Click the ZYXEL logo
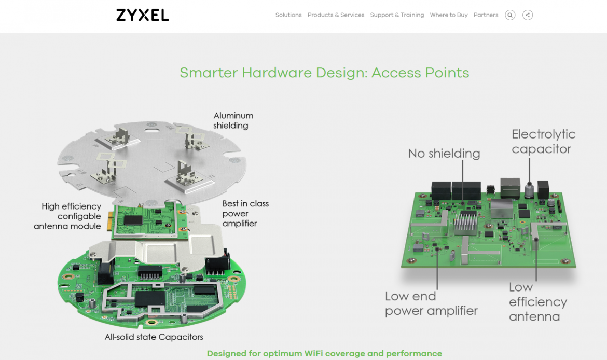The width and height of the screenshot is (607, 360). pyautogui.click(x=143, y=15)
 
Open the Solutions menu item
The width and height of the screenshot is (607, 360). pyautogui.click(x=288, y=15)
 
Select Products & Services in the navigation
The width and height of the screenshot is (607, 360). pyautogui.click(x=336, y=15)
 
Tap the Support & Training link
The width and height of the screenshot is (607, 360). pyautogui.click(x=397, y=15)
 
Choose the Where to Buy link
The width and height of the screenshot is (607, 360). pyautogui.click(x=449, y=15)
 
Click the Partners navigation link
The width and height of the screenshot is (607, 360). pyautogui.click(x=486, y=15)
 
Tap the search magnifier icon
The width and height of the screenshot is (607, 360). pyautogui.click(x=510, y=15)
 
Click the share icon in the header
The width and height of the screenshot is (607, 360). pyautogui.click(x=528, y=15)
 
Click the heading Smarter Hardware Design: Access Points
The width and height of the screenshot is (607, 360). pyautogui.click(x=324, y=73)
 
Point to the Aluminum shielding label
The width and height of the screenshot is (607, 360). pyautogui.click(x=233, y=120)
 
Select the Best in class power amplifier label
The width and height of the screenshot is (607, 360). pyautogui.click(x=245, y=213)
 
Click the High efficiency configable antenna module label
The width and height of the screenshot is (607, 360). pyautogui.click(x=68, y=216)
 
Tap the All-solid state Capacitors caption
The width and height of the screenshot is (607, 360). pyautogui.click(x=154, y=337)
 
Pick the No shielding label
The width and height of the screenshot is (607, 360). pyautogui.click(x=444, y=154)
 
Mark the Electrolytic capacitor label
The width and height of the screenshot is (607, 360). pyautogui.click(x=543, y=142)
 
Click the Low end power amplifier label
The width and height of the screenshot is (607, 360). pyautogui.click(x=431, y=303)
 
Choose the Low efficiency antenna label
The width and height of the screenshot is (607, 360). pyautogui.click(x=537, y=301)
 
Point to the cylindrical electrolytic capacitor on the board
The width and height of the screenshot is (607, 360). pyautogui.click(x=529, y=190)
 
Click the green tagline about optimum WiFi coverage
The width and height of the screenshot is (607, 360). pyautogui.click(x=324, y=354)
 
